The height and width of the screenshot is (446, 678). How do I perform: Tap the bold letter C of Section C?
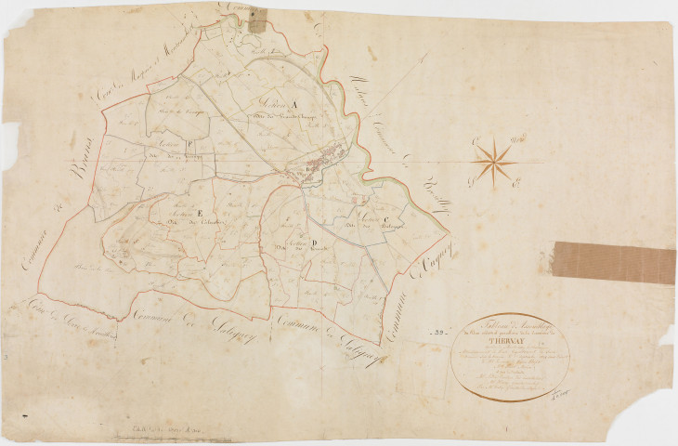pos(383,218)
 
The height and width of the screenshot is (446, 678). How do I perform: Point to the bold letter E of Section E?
pos(200,215)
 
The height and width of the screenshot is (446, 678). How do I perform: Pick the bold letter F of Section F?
pos(189,144)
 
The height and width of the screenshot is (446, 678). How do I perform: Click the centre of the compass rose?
pos(493,161)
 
